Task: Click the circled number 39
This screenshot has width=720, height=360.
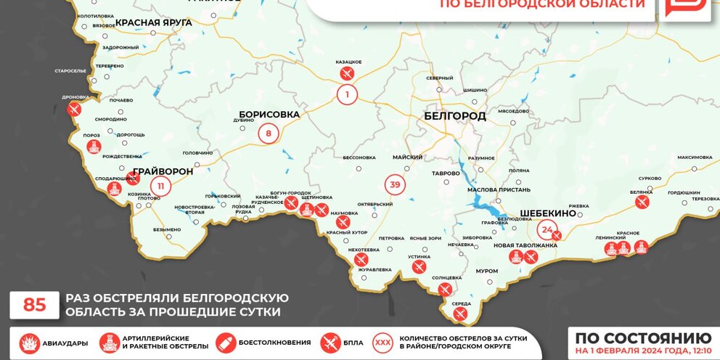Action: tap(395, 185)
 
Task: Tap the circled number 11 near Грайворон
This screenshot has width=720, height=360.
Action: tap(160, 187)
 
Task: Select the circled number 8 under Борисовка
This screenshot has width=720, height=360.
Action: tap(268, 133)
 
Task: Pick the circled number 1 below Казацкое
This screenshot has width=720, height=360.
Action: tap(347, 94)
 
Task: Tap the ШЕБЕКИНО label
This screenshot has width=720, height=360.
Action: tap(548, 213)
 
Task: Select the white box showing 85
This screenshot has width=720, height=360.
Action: tap(34, 305)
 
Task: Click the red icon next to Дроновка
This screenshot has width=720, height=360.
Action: tap(73, 110)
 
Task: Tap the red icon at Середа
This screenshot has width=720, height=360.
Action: tap(459, 314)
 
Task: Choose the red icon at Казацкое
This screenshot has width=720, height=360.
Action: tap(347, 73)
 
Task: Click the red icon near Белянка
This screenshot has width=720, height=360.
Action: tap(641, 202)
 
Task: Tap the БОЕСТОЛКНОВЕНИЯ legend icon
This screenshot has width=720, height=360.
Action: tap(226, 343)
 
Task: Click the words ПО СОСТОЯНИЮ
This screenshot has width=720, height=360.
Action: tap(642, 338)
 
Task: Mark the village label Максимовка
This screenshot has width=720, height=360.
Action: tap(695, 157)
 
